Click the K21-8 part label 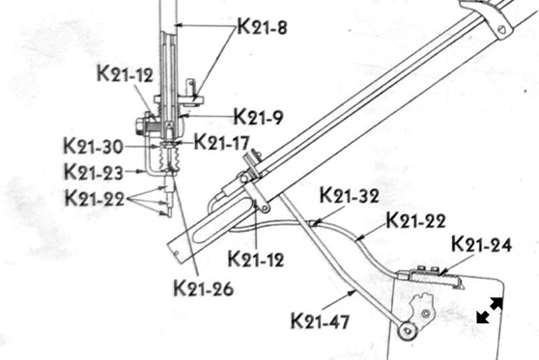[263, 27]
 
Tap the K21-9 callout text [258, 117]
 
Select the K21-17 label [221, 142]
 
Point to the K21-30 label [93, 146]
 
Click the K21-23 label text [94, 172]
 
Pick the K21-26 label [204, 288]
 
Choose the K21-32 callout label [350, 195]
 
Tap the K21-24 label [481, 244]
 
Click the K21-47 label [320, 320]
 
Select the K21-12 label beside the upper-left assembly [125, 73]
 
